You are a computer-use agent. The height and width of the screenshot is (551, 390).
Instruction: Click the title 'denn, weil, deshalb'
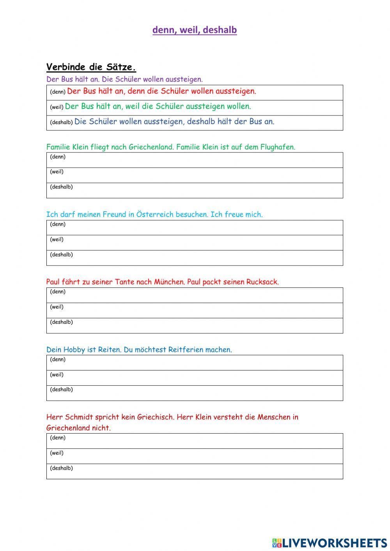(195, 30)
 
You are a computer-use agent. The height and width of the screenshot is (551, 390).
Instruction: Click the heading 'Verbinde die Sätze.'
(91, 67)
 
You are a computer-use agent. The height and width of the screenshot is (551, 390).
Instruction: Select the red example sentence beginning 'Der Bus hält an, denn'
(161, 91)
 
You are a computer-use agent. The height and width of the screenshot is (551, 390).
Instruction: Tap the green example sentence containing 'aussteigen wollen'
(158, 106)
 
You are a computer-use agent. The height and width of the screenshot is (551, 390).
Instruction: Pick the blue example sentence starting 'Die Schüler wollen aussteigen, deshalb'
(174, 121)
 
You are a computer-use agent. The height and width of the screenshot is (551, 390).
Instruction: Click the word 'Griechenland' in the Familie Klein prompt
(151, 147)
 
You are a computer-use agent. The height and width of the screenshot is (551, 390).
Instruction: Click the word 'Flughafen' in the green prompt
(279, 147)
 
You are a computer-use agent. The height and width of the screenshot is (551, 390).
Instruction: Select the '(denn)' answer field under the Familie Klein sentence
(195, 160)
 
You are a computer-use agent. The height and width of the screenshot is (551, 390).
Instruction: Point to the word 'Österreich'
(155, 214)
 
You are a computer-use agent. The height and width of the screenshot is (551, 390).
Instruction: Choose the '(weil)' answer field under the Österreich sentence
(195, 243)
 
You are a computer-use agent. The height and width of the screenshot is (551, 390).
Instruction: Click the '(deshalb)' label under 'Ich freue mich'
(61, 255)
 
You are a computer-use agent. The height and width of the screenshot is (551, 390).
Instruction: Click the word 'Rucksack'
(262, 282)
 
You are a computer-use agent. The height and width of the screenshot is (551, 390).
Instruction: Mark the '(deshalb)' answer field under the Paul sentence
(195, 326)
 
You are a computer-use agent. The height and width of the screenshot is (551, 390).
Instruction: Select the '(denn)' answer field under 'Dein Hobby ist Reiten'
(195, 363)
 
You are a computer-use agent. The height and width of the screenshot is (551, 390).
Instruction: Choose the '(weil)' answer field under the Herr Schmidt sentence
(195, 456)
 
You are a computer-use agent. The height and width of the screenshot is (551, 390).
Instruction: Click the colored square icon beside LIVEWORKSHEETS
(277, 543)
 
